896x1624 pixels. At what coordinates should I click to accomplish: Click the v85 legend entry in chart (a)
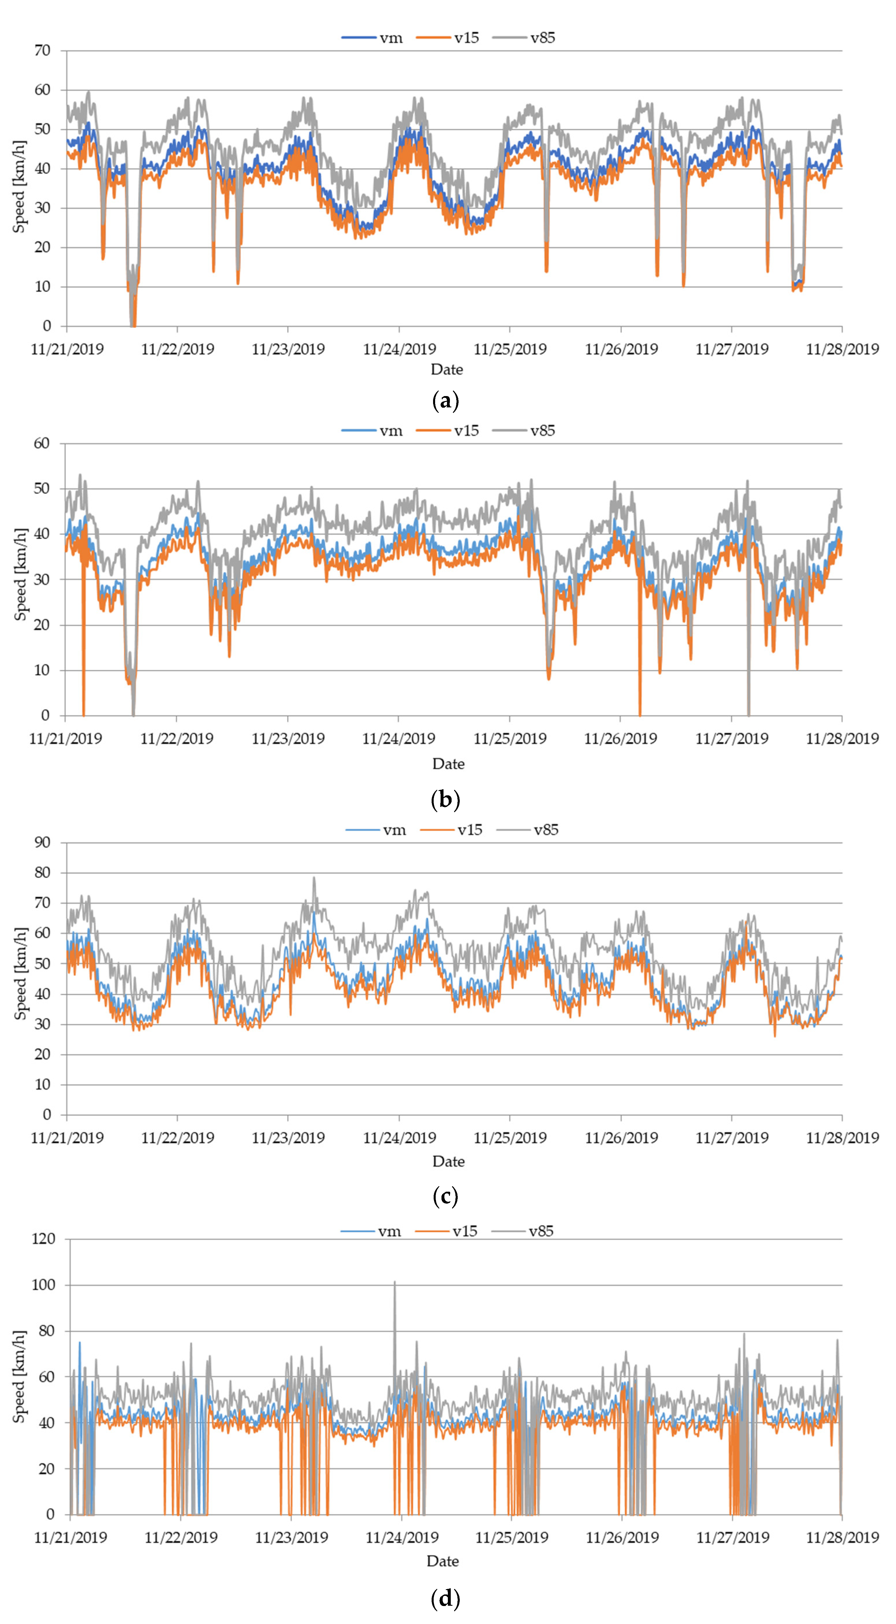(x=542, y=38)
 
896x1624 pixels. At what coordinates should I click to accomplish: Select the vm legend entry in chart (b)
(x=391, y=431)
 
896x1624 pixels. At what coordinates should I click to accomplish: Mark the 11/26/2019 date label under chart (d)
(x=622, y=1538)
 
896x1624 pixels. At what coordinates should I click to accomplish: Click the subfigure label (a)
(x=446, y=401)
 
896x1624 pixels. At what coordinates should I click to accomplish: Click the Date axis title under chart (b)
(x=448, y=764)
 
